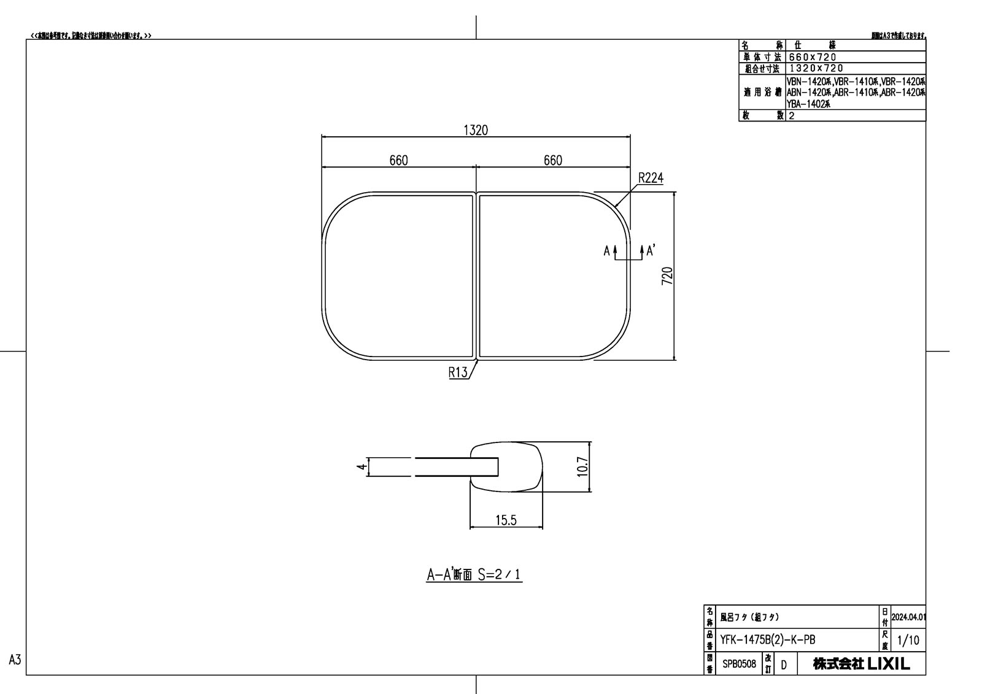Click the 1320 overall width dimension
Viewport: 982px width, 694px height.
(476, 130)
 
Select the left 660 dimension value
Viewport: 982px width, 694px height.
(398, 160)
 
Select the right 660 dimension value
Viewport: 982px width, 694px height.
(552, 160)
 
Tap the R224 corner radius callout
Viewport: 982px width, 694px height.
(651, 178)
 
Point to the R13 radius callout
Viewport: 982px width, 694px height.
(458, 372)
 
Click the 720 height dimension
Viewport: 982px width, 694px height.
(668, 276)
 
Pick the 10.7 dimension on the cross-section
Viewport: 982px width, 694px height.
(582, 467)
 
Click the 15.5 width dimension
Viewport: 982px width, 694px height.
(506, 520)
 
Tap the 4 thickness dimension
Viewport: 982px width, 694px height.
(361, 467)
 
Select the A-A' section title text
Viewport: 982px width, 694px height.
(474, 574)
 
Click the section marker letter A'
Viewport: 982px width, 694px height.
(651, 250)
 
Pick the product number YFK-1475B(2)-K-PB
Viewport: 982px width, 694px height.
(768, 640)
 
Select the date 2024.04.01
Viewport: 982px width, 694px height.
(908, 617)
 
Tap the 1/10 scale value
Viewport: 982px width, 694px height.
(908, 641)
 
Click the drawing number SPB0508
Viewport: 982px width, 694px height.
(739, 663)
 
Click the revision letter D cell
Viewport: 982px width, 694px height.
(784, 664)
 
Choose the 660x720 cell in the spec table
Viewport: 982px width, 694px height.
(813, 57)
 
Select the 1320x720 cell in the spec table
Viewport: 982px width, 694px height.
(816, 68)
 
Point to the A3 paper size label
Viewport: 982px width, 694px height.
(15, 660)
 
